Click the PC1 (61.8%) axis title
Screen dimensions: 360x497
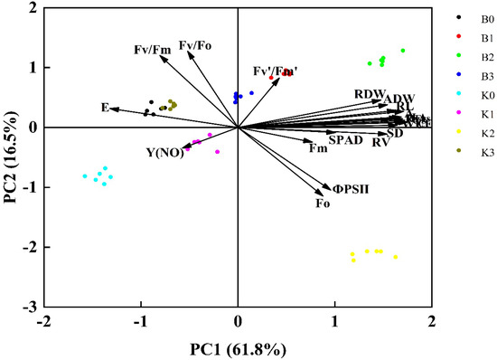tap(238, 347)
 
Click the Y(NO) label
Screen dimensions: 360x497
tap(164, 152)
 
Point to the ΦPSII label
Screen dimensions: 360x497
tap(352, 188)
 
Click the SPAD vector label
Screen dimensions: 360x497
tap(345, 140)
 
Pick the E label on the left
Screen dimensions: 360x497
tap(105, 108)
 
